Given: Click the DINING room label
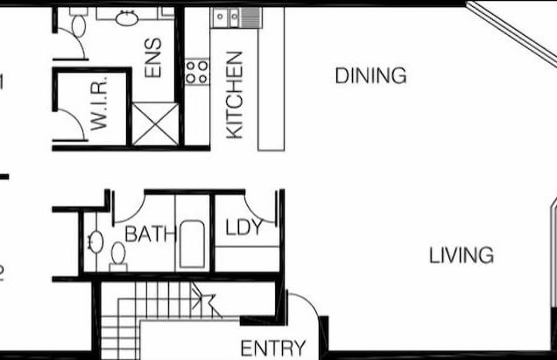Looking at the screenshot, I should click(370, 75).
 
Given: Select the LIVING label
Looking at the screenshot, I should click(462, 256).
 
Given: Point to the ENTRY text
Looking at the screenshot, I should click(273, 348).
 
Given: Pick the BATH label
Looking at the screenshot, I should click(150, 235).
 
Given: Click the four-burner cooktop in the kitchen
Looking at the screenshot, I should click(197, 72).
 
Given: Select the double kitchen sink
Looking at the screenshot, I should click(228, 17).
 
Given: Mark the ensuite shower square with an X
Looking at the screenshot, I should click(154, 124).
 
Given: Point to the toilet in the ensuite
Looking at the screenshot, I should click(78, 24).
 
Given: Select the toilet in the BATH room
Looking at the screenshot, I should click(117, 256).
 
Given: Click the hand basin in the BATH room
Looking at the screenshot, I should click(95, 241).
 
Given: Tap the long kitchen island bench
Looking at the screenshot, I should click(271, 79).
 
